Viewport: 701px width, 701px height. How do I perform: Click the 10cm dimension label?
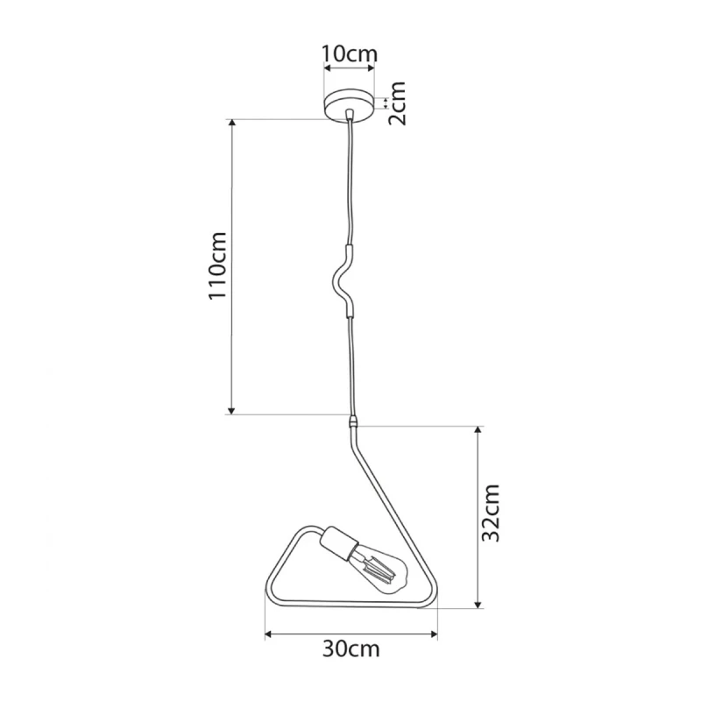(x=350, y=54)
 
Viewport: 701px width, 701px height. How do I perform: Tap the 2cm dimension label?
(x=396, y=103)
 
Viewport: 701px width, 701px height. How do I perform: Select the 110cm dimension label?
(x=218, y=266)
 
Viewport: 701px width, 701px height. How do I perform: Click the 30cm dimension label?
(x=351, y=649)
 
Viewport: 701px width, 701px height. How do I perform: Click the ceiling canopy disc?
(x=350, y=105)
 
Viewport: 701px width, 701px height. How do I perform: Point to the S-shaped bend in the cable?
(x=342, y=280)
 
